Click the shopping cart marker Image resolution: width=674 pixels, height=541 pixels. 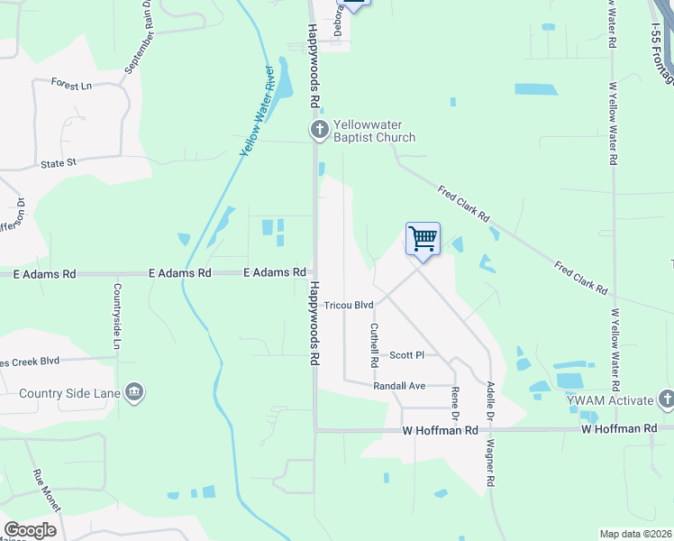(x=423, y=240)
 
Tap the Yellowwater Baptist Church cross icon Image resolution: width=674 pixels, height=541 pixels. (x=319, y=131)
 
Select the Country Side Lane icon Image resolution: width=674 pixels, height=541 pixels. (x=133, y=392)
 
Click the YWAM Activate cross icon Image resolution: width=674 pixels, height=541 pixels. (x=666, y=399)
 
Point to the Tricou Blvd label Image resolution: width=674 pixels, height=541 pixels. (x=349, y=306)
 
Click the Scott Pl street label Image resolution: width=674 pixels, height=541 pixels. (x=406, y=355)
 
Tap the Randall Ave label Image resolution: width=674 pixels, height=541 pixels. (x=399, y=386)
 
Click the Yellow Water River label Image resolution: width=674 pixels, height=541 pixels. (x=257, y=111)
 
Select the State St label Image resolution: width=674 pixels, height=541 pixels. (x=60, y=164)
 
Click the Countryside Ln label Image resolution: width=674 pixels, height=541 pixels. (x=116, y=316)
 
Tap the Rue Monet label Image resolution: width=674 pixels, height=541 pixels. (x=46, y=491)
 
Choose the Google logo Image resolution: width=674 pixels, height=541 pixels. (x=30, y=530)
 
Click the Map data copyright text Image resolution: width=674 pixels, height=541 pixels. (x=635, y=534)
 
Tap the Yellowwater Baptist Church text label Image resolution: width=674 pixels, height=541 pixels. (x=374, y=131)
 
